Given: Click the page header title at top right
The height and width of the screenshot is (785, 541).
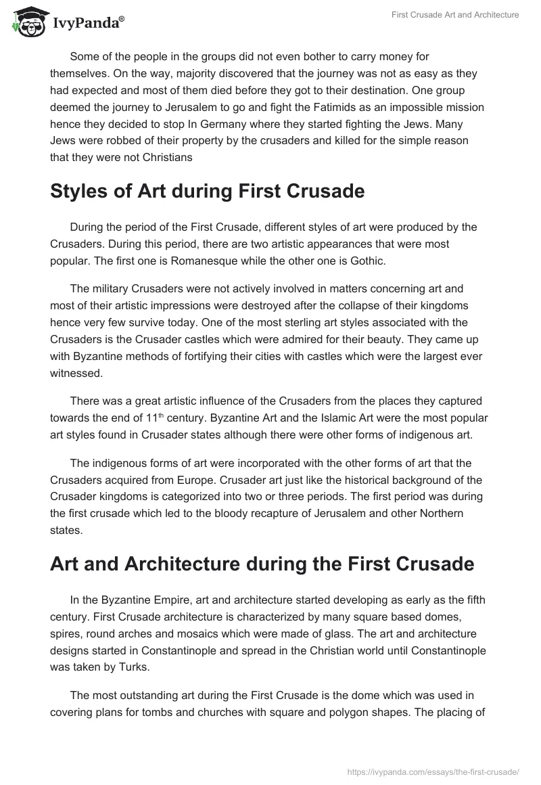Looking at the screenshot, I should tap(455, 15).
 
